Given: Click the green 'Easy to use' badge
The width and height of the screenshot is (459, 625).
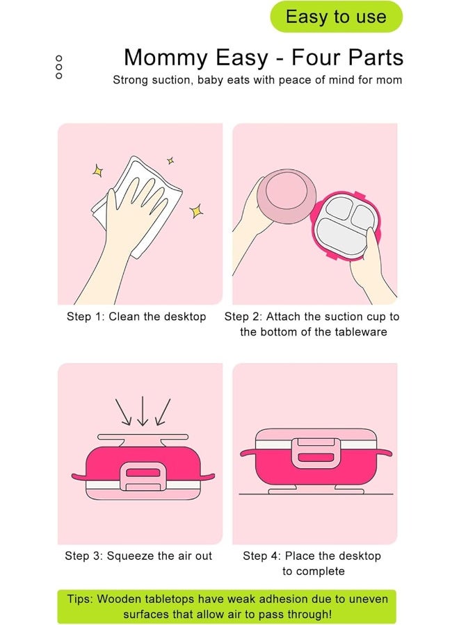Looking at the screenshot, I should [x=336, y=17].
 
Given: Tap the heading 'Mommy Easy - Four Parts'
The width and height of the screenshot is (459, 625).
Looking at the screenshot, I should [x=263, y=57].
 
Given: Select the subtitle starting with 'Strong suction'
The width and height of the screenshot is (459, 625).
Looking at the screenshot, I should [x=257, y=80].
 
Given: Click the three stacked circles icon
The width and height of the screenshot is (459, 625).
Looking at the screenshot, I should [x=58, y=67].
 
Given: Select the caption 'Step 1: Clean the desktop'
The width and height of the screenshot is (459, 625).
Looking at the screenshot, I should [x=136, y=317].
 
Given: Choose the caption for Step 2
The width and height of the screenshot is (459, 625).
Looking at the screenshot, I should [x=312, y=324].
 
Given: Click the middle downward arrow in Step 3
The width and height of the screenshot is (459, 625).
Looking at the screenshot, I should [x=142, y=411].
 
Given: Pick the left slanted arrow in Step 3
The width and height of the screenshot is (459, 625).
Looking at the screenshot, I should [x=123, y=413].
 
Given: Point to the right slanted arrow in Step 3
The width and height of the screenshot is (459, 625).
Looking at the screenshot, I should [x=162, y=413].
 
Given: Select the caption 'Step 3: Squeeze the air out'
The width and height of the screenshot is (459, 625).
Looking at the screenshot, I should [x=138, y=556].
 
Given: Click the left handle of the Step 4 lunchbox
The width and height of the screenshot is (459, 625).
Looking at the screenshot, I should [x=248, y=453].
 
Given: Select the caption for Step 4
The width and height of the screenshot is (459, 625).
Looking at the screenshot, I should [x=312, y=563].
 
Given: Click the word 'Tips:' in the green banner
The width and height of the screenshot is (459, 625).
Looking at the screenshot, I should [x=81, y=599].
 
